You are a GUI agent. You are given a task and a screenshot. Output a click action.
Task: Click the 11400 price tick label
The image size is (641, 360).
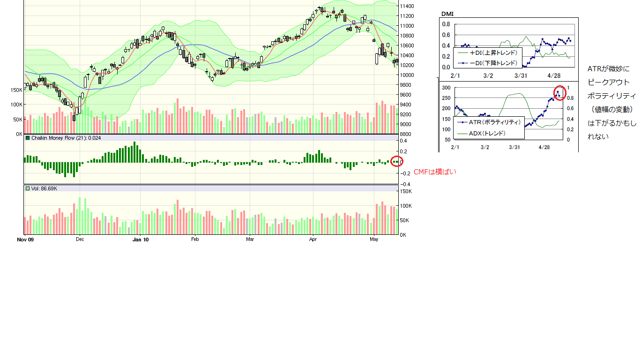click(406, 6)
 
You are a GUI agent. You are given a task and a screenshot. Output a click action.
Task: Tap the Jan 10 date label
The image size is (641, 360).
click(141, 240)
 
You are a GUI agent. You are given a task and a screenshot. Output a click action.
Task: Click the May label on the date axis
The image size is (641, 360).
click(374, 240)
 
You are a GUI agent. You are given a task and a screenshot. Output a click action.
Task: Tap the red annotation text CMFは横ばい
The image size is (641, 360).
click(435, 172)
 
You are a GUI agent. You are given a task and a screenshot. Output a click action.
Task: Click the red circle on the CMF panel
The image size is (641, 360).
click(396, 162)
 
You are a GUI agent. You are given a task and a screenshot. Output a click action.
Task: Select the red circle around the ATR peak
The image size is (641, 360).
click(560, 93)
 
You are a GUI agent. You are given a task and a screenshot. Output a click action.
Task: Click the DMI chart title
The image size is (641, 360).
click(447, 14)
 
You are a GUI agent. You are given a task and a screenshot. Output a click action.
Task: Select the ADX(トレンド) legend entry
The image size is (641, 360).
click(487, 133)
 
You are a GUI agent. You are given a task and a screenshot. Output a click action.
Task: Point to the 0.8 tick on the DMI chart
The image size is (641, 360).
click(446, 24)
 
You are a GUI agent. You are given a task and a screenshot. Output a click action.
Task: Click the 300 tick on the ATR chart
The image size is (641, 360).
click(446, 88)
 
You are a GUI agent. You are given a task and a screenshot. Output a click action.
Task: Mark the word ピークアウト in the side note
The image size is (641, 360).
click(608, 82)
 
